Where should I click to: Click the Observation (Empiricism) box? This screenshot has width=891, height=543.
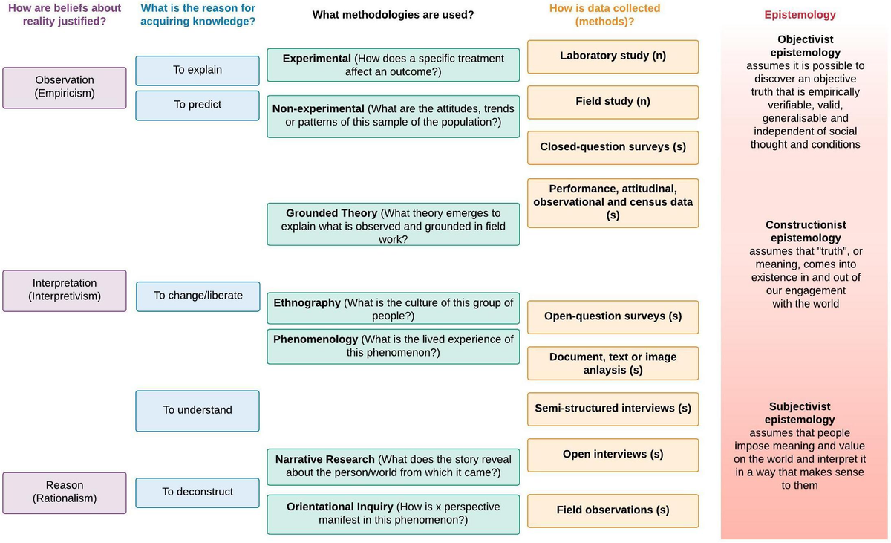(65, 87)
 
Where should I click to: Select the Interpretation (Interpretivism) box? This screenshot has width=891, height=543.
(65, 290)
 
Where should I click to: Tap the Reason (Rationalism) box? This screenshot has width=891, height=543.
(65, 492)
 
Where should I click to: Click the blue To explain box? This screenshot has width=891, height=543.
(198, 70)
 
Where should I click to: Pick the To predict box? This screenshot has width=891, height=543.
(198, 105)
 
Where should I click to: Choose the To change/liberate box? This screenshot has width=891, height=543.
(198, 296)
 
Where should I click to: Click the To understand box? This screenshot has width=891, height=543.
(198, 410)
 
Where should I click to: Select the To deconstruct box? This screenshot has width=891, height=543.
(198, 492)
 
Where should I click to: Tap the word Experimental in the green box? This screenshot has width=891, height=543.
(316, 59)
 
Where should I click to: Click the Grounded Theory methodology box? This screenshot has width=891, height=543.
(393, 226)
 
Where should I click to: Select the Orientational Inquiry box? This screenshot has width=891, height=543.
(393, 513)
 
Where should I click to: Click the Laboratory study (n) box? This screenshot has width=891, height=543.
(613, 56)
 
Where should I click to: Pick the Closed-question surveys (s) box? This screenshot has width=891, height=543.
(613, 147)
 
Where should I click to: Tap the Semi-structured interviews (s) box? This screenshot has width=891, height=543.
(613, 409)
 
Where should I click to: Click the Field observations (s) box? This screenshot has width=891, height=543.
(613, 510)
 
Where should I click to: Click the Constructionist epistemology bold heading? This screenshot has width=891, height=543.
(806, 231)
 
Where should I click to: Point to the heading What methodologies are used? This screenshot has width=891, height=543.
(393, 15)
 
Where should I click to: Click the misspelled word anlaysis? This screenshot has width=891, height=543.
(605, 370)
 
